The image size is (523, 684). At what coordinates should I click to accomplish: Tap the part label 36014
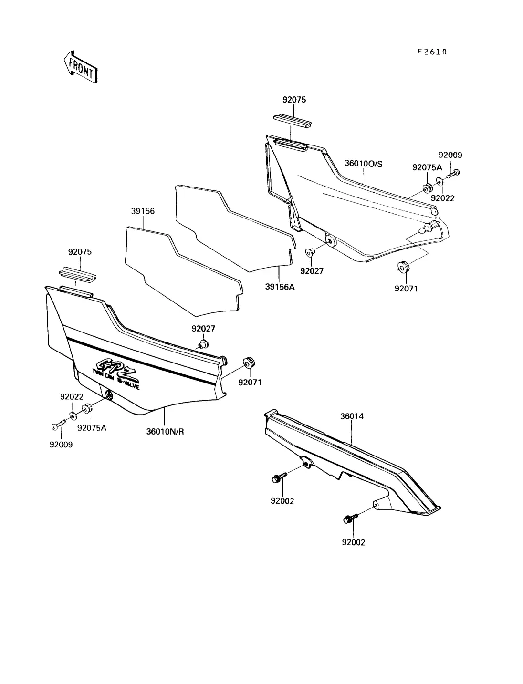pos(352,416)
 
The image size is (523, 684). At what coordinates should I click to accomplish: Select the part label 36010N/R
pos(165,432)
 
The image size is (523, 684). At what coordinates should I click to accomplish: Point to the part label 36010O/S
pos(363,164)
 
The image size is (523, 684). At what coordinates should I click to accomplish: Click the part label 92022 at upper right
pos(442,198)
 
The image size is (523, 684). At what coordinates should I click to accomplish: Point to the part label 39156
pos(143,211)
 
